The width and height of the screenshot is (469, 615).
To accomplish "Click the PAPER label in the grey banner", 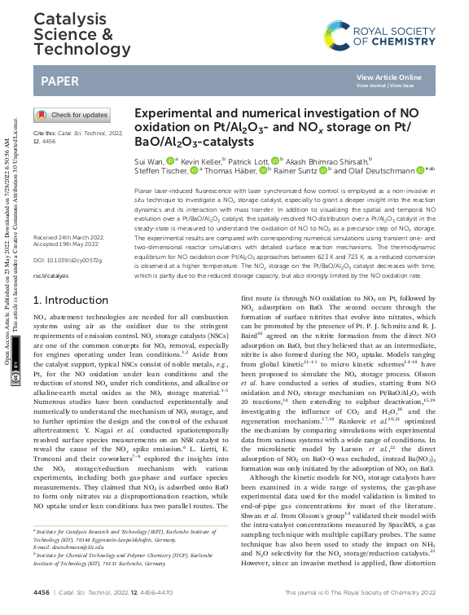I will click(x=61, y=81).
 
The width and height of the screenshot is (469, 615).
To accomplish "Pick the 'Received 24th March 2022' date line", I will click(x=67, y=238).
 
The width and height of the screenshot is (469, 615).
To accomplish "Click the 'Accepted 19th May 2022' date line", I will click(x=65, y=245).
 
